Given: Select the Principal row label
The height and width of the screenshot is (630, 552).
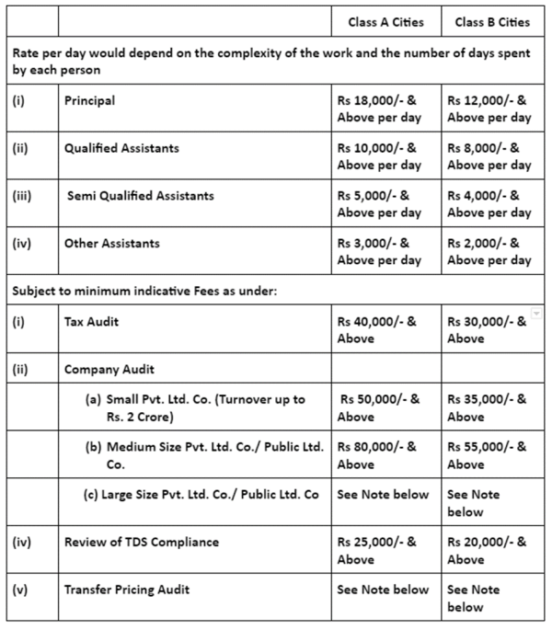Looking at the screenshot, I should point(90,101).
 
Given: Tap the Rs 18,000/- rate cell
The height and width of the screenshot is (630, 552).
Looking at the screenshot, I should point(379,109).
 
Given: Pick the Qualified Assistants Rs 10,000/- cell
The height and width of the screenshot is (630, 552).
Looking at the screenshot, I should point(379,156).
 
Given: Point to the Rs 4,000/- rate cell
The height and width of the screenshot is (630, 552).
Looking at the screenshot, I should point(489,204).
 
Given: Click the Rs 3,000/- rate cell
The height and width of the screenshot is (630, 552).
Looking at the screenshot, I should point(379,252).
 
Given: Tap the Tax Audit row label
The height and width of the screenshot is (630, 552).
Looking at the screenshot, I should point(92,322).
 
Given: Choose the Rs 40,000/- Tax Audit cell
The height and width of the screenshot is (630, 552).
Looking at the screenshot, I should point(377,330).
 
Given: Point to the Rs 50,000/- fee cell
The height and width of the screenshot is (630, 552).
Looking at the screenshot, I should point(379,408).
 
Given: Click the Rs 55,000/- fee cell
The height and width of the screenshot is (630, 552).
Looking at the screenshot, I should point(488,456).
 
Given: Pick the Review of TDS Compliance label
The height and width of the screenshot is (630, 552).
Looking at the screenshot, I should point(142,542).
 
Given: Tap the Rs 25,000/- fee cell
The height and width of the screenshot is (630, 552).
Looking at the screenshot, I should point(377,550).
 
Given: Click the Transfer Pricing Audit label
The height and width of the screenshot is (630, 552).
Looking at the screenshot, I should point(127,590).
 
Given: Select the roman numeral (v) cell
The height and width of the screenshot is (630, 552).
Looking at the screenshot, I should point(20,590).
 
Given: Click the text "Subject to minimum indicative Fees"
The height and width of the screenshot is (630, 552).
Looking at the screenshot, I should point(111,292).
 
